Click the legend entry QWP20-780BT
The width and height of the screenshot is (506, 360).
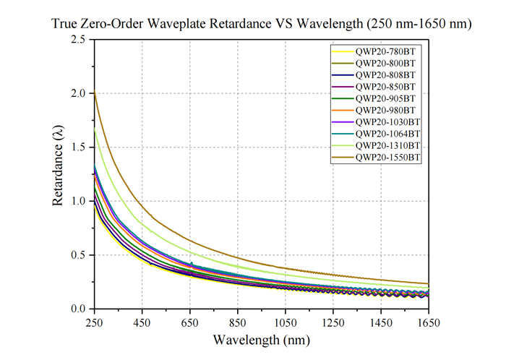click(x=385, y=51)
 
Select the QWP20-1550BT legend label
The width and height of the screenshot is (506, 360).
click(x=387, y=158)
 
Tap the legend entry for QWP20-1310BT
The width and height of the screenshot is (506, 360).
click(x=387, y=146)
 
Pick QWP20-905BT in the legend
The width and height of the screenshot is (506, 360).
click(x=385, y=99)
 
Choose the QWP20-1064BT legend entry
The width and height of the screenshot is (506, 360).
click(x=387, y=134)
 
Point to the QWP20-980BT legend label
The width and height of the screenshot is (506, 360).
click(x=385, y=111)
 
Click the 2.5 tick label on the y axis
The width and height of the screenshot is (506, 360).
click(x=78, y=39)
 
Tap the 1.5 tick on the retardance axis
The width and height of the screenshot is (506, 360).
click(x=78, y=147)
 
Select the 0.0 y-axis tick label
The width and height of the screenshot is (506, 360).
click(x=78, y=309)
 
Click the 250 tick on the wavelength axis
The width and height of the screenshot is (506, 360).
click(x=94, y=322)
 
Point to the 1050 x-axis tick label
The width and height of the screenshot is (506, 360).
click(x=286, y=322)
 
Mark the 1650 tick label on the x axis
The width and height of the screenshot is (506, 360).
click(x=429, y=322)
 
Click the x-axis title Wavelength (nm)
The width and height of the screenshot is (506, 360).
click(x=262, y=340)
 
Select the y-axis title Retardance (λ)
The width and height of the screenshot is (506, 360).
click(x=58, y=166)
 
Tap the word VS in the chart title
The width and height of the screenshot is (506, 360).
click(x=284, y=24)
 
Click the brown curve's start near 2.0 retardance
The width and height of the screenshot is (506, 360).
click(x=94, y=92)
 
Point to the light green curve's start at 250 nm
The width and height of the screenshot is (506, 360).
click(x=94, y=128)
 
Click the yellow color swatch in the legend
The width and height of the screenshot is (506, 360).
click(x=343, y=52)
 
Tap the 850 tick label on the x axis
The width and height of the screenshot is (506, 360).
click(x=238, y=322)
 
